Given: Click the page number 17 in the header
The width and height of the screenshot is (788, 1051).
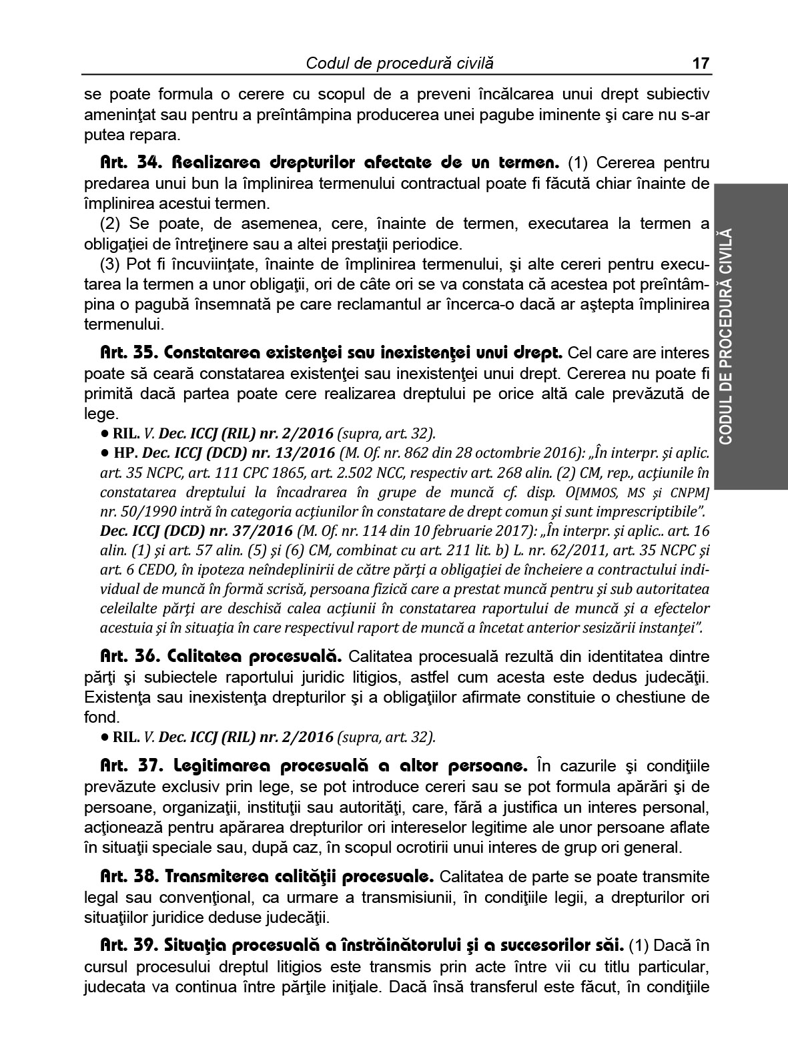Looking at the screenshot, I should (701, 64).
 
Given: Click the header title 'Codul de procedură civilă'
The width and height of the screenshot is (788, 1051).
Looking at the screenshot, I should (400, 64).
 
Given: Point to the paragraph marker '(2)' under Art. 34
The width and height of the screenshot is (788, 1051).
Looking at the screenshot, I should (111, 224).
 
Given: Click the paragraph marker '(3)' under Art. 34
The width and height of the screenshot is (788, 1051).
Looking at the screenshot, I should (111, 264).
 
